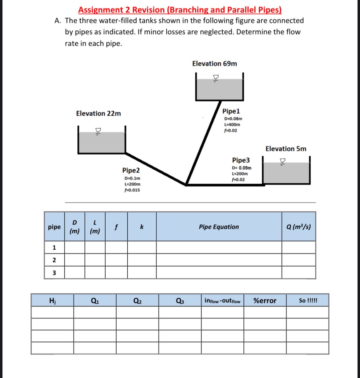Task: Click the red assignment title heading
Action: [180, 10]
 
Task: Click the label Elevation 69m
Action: [214, 63]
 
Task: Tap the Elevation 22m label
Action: [98, 113]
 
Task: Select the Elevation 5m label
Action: [285, 149]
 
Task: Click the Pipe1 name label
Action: [231, 111]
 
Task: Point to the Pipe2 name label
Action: [131, 170]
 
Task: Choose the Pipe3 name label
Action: [241, 160]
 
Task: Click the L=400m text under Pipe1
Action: [232, 124]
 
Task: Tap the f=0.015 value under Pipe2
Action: [132, 190]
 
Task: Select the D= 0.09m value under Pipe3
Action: [242, 168]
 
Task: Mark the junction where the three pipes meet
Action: [186, 184]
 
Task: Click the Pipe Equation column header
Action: [219, 227]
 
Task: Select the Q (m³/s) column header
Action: [298, 227]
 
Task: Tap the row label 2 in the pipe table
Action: [54, 260]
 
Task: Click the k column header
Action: [142, 227]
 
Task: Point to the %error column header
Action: [265, 301]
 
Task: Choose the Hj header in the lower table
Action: [52, 301]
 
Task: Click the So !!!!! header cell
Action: [308, 301]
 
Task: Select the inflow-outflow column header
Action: [222, 301]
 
